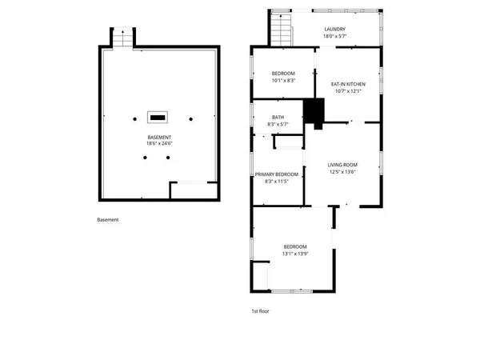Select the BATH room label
tap(278, 118)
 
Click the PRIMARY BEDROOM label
tap(277, 174)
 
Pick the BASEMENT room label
tap(158, 137)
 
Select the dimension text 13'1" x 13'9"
tap(295, 254)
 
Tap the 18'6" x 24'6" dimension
tap(158, 144)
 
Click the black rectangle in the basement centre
tap(158, 117)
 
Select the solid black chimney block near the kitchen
tap(314, 113)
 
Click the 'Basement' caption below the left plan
tap(108, 220)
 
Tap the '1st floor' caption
tap(261, 310)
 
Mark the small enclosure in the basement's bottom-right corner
tap(194, 192)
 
